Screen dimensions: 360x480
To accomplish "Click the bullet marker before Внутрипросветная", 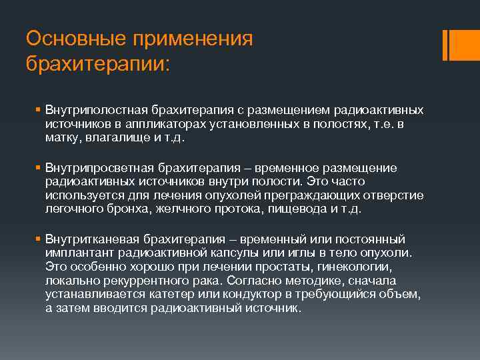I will [x=39, y=167].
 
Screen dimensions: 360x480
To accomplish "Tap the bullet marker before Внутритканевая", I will [x=39, y=239].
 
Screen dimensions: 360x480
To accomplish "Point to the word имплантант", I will [x=79, y=253].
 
